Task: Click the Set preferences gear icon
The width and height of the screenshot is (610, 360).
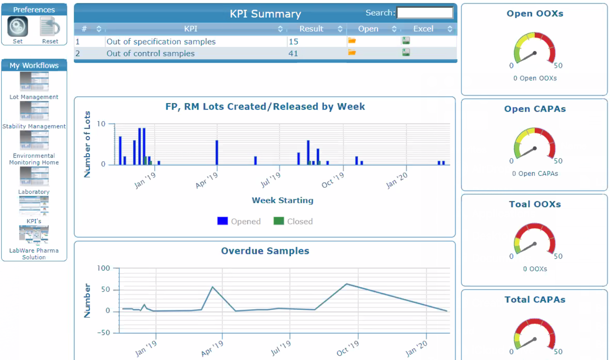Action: click(x=18, y=27)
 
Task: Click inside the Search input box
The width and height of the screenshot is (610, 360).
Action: click(x=424, y=13)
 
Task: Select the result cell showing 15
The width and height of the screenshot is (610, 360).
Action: click(x=294, y=42)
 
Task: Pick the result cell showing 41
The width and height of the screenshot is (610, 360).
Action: click(x=294, y=54)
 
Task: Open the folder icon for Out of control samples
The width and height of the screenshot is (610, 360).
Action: click(x=352, y=52)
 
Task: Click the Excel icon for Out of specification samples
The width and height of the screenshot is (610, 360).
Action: click(x=406, y=41)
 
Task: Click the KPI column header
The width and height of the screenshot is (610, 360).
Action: click(x=191, y=29)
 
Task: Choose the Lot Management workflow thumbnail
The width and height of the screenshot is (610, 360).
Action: click(x=34, y=82)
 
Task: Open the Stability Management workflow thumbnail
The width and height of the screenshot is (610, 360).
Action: click(x=34, y=111)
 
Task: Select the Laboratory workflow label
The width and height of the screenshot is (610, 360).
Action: click(x=34, y=192)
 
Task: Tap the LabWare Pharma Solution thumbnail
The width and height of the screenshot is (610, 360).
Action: click(x=34, y=235)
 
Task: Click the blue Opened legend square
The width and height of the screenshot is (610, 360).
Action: click(x=222, y=221)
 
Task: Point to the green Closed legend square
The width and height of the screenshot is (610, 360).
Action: click(x=279, y=221)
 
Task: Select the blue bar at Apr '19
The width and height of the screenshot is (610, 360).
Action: click(x=217, y=153)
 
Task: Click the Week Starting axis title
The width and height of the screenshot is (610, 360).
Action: click(x=282, y=200)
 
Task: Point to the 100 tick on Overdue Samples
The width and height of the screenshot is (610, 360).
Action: click(x=105, y=268)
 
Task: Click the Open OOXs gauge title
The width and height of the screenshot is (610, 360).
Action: click(x=535, y=14)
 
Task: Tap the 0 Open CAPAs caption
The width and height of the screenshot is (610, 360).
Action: click(x=535, y=174)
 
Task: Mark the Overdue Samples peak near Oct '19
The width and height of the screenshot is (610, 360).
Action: click(x=347, y=284)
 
